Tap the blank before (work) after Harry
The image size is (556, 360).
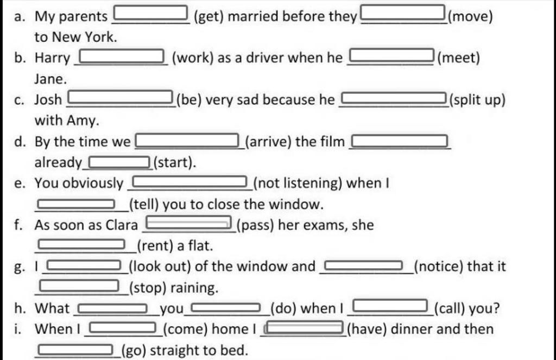(x=122, y=55)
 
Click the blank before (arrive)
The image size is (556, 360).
(x=187, y=142)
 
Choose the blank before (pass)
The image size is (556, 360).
(x=187, y=223)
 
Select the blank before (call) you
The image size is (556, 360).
(x=390, y=307)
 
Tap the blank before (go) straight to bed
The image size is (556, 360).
(x=75, y=350)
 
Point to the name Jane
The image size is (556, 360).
(x=50, y=79)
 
